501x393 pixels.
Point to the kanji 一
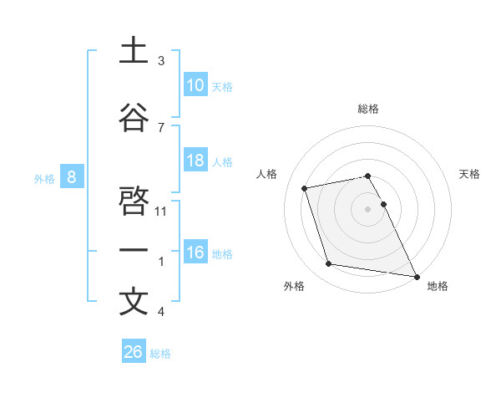tap(134, 251)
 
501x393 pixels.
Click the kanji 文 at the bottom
tap(134, 302)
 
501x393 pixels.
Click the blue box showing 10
tap(195, 85)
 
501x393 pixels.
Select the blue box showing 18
tap(195, 161)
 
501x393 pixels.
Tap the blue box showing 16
tap(195, 253)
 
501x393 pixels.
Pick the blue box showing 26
tap(134, 352)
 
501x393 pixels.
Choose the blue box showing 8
tap(72, 177)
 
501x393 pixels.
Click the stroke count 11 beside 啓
tap(162, 212)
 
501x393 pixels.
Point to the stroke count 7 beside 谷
tap(160, 127)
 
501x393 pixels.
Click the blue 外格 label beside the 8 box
tap(43, 178)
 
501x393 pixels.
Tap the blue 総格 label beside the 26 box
tap(160, 354)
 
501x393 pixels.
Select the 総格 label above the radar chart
tap(367, 109)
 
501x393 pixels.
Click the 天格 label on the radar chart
tap(470, 174)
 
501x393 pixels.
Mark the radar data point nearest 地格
tap(416, 275)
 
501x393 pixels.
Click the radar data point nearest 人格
tap(305, 187)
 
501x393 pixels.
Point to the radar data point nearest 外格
tap(329, 264)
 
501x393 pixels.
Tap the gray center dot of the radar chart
tap(367, 209)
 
